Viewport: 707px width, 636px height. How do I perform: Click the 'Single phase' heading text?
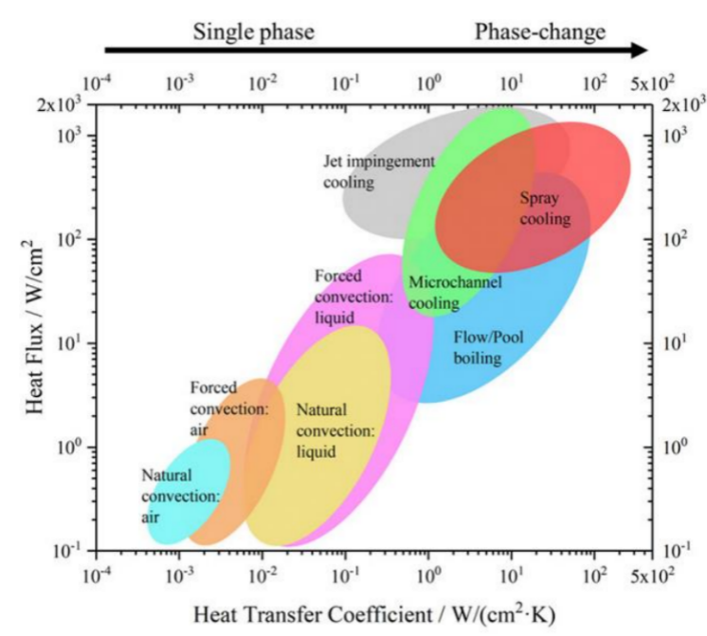pyautogui.click(x=253, y=32)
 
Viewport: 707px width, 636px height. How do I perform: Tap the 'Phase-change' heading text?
pyautogui.click(x=539, y=32)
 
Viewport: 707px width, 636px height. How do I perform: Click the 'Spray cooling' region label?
pyautogui.click(x=545, y=209)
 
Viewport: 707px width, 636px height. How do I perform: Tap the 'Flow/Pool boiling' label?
pyautogui.click(x=489, y=347)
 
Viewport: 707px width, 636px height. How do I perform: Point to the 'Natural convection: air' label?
pyautogui.click(x=180, y=496)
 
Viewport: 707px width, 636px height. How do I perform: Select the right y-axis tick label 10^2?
pyautogui.click(x=682, y=239)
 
